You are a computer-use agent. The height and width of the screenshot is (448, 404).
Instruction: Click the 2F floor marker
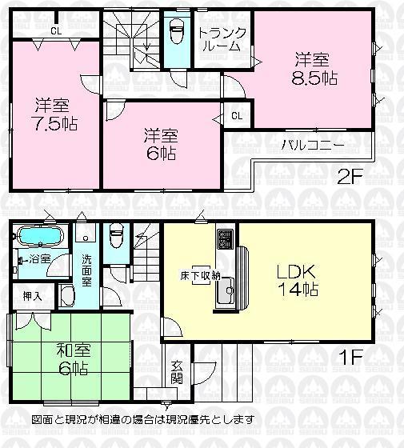pyautogui.click(x=350, y=177)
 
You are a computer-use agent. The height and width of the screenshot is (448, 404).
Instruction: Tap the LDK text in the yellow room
pyautogui.click(x=298, y=267)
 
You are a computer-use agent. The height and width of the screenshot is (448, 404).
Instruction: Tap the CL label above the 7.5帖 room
pyautogui.click(x=55, y=31)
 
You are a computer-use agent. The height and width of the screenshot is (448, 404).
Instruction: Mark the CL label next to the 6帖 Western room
pyautogui.click(x=237, y=115)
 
